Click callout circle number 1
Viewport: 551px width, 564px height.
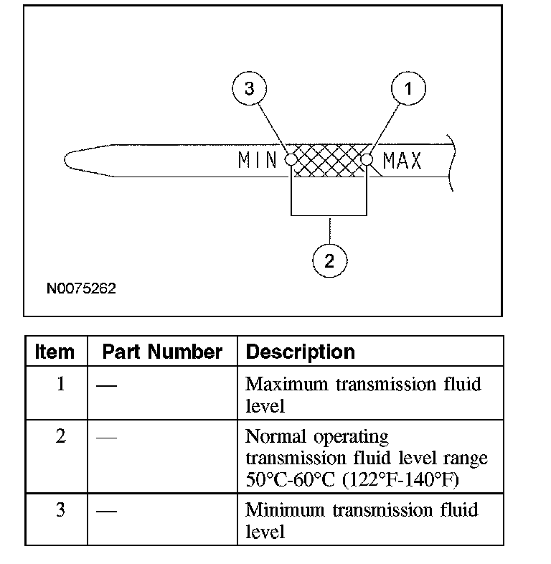408,89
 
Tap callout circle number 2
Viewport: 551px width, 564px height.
329,260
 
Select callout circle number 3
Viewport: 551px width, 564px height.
249,89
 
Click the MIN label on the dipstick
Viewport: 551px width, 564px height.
257,160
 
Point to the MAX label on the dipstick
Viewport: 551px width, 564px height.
402,160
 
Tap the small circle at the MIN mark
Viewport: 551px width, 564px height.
291,159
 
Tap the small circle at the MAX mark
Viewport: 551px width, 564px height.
367,159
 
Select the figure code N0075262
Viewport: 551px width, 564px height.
81,289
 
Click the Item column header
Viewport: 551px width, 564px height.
55,352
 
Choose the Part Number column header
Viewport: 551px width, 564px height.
162,352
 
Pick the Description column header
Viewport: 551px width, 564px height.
300,352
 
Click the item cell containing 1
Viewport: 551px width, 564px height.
60,384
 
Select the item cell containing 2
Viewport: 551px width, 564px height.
60,436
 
